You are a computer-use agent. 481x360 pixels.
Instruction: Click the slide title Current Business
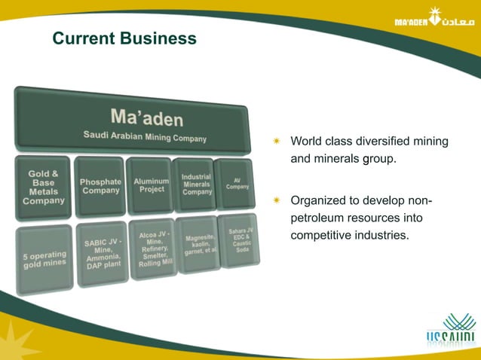tap(124, 38)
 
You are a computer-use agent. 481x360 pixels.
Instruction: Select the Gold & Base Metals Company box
tap(43, 188)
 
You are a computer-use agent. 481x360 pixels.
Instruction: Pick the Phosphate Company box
tap(100, 186)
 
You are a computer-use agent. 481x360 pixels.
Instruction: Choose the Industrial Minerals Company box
tap(195, 184)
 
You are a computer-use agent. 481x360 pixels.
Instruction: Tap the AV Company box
tap(235, 183)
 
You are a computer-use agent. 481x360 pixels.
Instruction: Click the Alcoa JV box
tap(154, 249)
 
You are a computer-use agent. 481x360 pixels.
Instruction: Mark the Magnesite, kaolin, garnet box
tap(199, 244)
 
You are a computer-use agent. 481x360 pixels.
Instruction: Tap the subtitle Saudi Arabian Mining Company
tap(144, 136)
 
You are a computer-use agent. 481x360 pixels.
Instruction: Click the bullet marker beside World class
tap(276, 141)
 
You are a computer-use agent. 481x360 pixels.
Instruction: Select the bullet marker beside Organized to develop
tap(276, 201)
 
